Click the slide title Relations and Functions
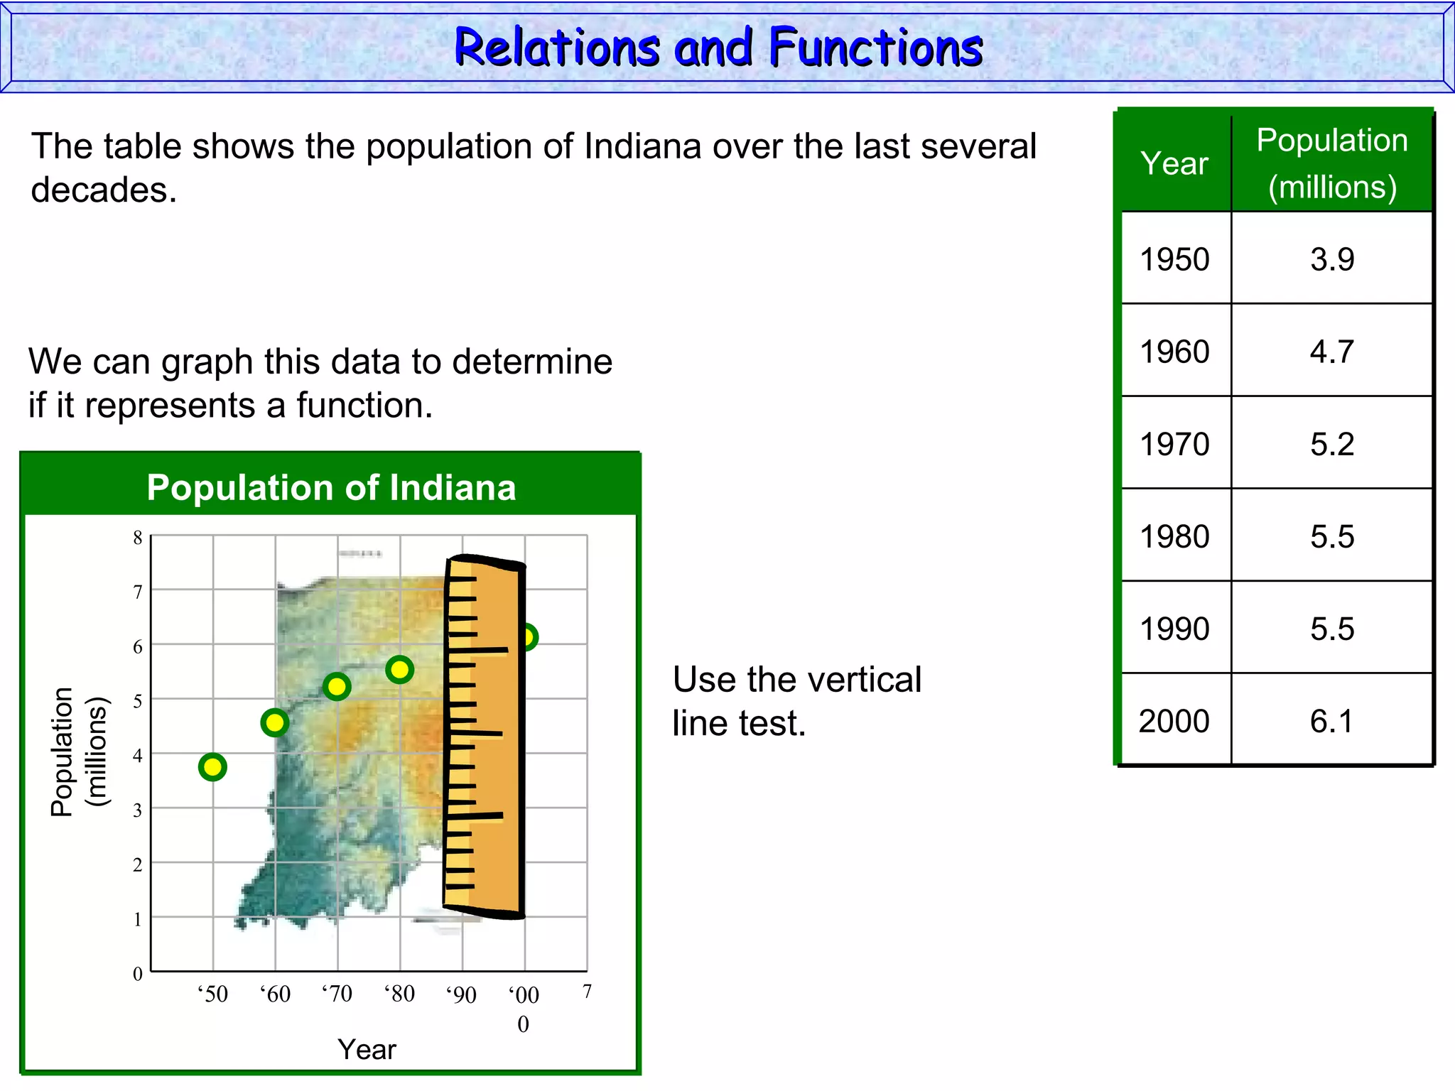point(718,48)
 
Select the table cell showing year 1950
point(1174,259)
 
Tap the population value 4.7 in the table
point(1331,352)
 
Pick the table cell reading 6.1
point(1331,721)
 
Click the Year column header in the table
point(1174,163)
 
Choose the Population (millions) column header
point(1332,163)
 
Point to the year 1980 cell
point(1174,536)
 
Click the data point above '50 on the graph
point(212,767)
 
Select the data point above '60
point(275,723)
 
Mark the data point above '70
point(337,687)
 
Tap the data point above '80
point(400,669)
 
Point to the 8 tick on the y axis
point(138,538)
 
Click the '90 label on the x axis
point(462,994)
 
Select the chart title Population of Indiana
point(331,488)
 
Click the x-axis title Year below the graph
point(367,1049)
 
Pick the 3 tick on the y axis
point(138,810)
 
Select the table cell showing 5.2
point(1331,444)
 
